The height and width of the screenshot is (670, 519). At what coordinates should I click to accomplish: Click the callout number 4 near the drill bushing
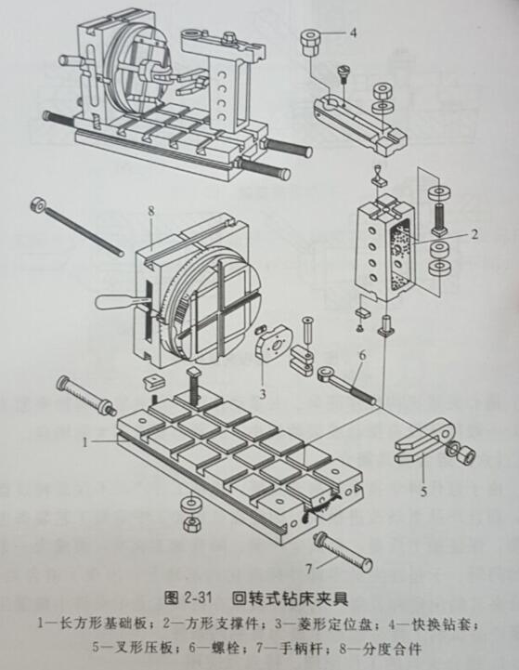pyautogui.click(x=353, y=33)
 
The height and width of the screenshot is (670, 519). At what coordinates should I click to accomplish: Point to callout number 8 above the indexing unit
pyautogui.click(x=151, y=211)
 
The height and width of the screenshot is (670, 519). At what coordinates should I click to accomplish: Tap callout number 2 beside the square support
pyautogui.click(x=474, y=234)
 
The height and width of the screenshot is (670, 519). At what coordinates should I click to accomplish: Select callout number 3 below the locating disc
pyautogui.click(x=263, y=393)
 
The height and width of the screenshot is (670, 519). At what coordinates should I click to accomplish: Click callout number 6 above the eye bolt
pyautogui.click(x=363, y=355)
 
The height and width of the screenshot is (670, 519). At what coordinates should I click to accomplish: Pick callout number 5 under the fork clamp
pyautogui.click(x=423, y=492)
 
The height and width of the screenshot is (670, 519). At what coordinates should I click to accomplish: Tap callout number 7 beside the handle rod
pyautogui.click(x=309, y=569)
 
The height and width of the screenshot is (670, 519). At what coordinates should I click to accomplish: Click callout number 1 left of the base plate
pyautogui.click(x=84, y=441)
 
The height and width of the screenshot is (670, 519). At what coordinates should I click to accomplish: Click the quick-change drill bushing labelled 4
pyautogui.click(x=310, y=42)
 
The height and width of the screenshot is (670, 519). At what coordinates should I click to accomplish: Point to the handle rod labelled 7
pyautogui.click(x=344, y=552)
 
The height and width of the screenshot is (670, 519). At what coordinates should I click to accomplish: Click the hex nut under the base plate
pyautogui.click(x=192, y=523)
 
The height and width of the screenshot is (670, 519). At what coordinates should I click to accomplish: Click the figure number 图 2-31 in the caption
pyautogui.click(x=188, y=598)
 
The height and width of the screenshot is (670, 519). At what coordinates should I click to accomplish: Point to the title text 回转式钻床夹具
pyautogui.click(x=290, y=598)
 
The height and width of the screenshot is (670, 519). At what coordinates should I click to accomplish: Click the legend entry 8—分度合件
pyautogui.click(x=381, y=649)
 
